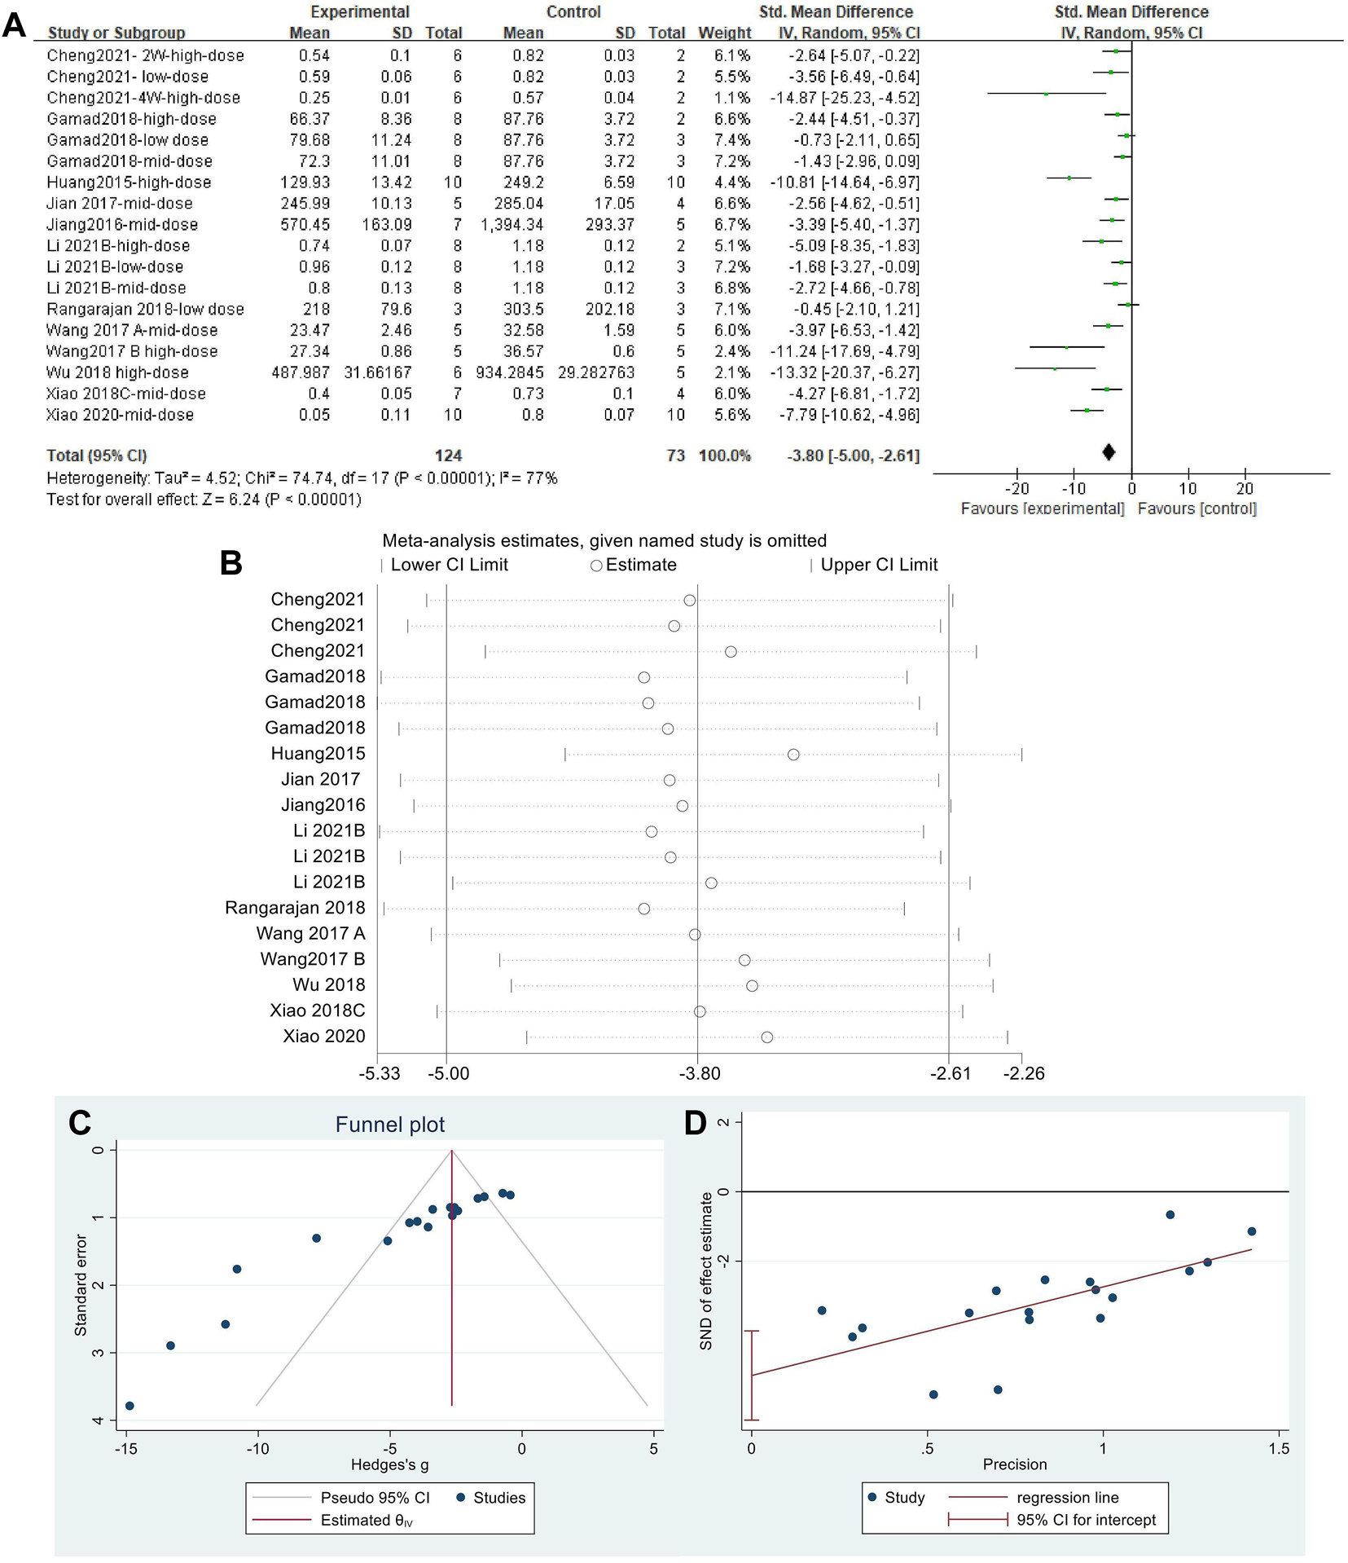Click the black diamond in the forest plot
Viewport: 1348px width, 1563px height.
pos(1108,452)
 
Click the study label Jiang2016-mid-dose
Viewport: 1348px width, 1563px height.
pos(122,225)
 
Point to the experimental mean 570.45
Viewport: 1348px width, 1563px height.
pos(305,225)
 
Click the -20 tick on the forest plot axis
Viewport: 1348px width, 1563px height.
pos(1016,489)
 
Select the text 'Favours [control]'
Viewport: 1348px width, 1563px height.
pos(1197,509)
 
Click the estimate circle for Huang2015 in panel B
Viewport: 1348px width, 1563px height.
pos(793,755)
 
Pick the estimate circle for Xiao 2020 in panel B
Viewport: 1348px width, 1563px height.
pos(766,1037)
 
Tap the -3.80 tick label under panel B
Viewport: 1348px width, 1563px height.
pos(700,1073)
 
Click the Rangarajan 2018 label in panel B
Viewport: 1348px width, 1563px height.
pos(295,908)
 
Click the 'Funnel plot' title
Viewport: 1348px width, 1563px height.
pos(389,1125)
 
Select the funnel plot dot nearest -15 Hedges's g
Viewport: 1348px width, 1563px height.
pos(130,1406)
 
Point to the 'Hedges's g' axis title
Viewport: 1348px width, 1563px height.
pos(389,1464)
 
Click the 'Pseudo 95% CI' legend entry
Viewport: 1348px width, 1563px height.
pos(374,1498)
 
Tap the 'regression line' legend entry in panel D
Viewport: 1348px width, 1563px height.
pos(1067,1498)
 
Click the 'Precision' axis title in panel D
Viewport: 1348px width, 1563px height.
pos(1014,1464)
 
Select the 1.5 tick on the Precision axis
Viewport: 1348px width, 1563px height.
pos(1279,1448)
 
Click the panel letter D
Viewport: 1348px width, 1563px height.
pos(695,1123)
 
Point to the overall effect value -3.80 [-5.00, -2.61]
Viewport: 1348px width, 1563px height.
pos(853,456)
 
